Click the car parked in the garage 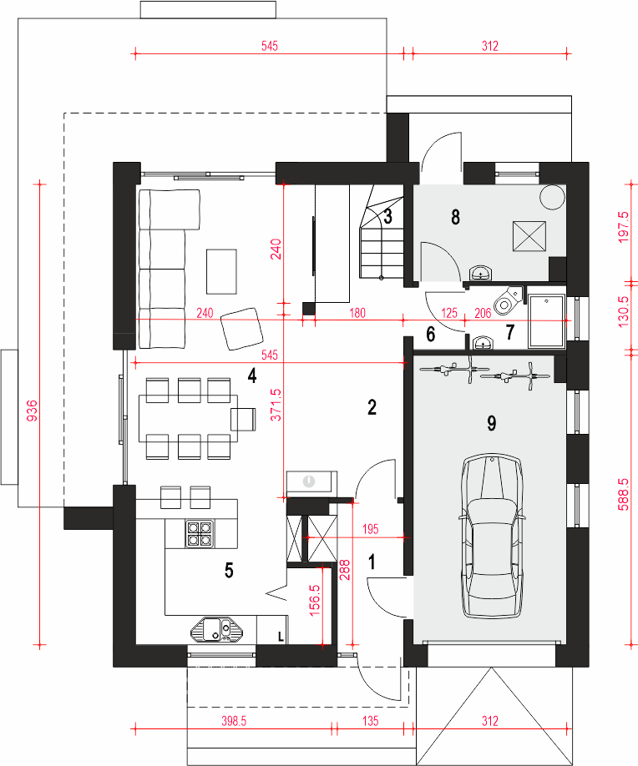tap(492, 537)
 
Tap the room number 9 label tap(491, 423)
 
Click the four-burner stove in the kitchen tap(200, 533)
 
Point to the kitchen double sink tap(217, 629)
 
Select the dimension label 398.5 tap(234, 721)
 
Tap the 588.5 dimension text tap(623, 494)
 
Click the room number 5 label tap(229, 571)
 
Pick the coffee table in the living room tap(221, 272)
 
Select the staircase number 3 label tap(387, 216)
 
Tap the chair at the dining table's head tap(244, 419)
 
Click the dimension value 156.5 tap(314, 600)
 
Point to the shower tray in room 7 tap(547, 320)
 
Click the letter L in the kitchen tap(281, 637)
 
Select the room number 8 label tap(455, 217)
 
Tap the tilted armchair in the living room tap(242, 328)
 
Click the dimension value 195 tap(371, 529)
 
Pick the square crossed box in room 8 tap(529, 236)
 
